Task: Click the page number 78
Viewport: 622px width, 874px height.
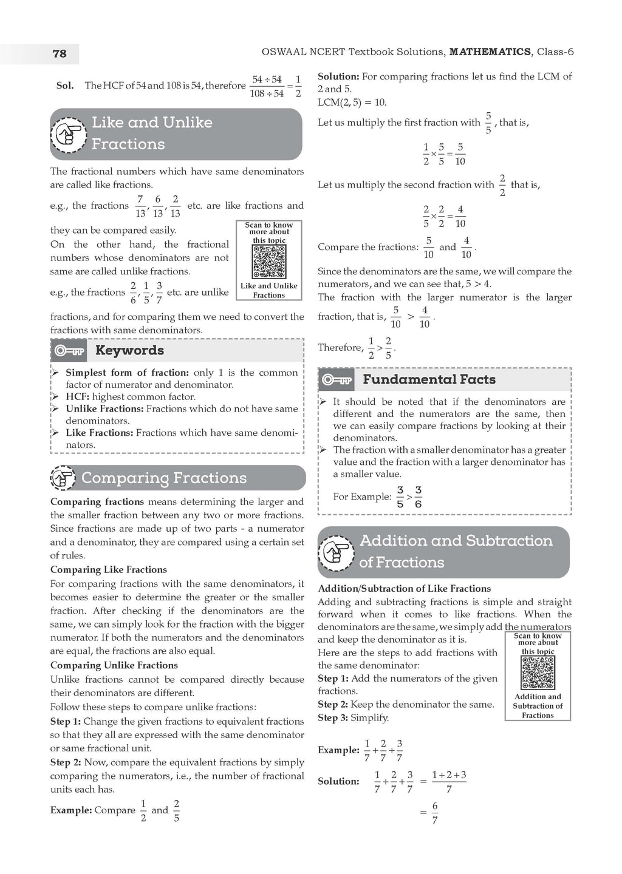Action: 60,53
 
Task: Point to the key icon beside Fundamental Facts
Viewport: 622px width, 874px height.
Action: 337,380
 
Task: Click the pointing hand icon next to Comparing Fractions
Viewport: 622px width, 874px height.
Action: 63,478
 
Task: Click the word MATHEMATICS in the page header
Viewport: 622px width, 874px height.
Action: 490,52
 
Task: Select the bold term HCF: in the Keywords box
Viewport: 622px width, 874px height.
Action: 78,397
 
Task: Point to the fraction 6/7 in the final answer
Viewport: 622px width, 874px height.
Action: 435,813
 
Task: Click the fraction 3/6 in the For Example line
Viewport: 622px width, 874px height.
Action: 418,497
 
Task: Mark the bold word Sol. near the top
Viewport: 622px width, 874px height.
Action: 65,86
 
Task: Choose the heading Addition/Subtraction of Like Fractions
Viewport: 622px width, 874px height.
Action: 404,589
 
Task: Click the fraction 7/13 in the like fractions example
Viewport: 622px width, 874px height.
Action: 140,206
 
